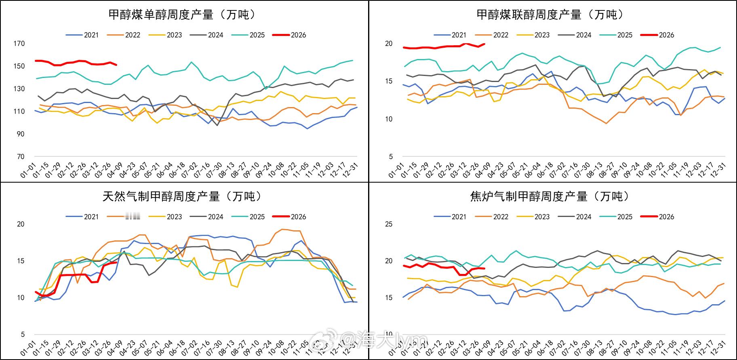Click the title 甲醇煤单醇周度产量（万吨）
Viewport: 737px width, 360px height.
(183, 15)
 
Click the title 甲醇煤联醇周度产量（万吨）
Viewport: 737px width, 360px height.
(551, 15)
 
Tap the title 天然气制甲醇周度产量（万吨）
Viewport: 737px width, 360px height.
(183, 197)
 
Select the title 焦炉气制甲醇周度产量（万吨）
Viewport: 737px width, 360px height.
(551, 197)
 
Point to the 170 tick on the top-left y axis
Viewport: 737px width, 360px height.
(19, 44)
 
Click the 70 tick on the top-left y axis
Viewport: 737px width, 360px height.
(21, 157)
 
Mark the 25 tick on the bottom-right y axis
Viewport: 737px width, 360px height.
(389, 224)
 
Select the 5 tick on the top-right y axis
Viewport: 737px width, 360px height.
(390, 157)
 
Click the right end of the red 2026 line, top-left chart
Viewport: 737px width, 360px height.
(116, 65)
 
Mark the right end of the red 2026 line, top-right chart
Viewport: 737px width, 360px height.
(484, 44)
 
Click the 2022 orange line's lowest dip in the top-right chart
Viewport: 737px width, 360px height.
(606, 123)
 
